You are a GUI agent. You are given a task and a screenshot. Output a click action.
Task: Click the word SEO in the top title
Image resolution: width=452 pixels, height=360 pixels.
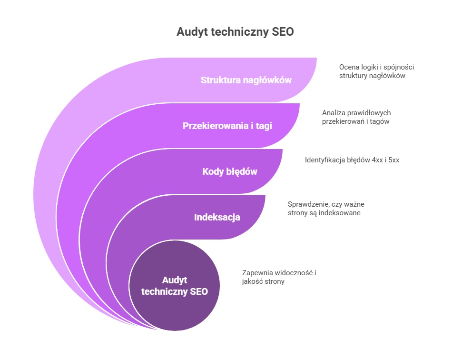(x=283, y=32)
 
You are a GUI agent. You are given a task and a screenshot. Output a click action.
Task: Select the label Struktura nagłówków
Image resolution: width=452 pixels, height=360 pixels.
(x=246, y=80)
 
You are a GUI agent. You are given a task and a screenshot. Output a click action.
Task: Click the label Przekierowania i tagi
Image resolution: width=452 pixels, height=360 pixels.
(x=227, y=126)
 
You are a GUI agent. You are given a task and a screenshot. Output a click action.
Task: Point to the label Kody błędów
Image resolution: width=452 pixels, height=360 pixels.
(x=230, y=171)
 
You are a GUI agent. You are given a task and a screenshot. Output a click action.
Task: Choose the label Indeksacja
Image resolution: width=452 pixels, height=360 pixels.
(x=217, y=217)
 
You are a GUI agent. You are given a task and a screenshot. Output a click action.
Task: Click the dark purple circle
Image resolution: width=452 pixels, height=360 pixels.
(x=175, y=286)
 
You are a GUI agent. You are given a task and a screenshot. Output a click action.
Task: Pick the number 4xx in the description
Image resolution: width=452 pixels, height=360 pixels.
(x=377, y=160)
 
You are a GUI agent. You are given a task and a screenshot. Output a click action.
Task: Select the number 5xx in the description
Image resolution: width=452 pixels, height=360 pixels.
(x=394, y=160)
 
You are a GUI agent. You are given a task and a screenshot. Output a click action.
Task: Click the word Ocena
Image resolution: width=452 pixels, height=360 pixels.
(x=348, y=67)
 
